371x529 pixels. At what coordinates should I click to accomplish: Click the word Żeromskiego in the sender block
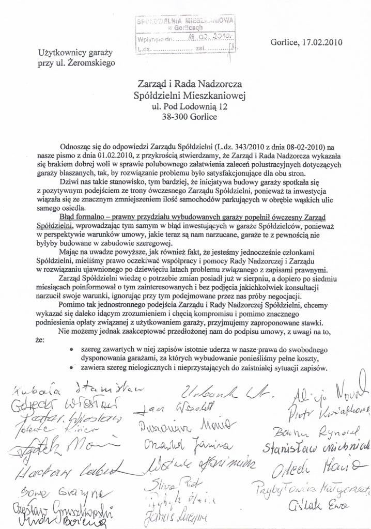[92, 63]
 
